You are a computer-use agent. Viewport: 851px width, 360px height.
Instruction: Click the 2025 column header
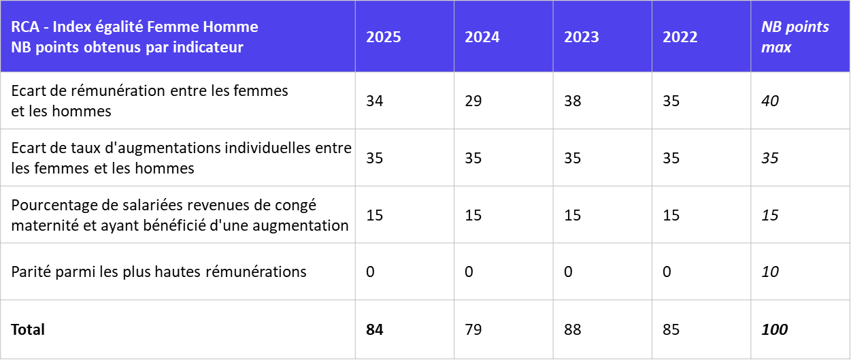(x=384, y=37)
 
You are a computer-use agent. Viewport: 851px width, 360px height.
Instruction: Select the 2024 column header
(x=482, y=37)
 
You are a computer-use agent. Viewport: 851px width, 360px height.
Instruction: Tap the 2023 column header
(x=582, y=37)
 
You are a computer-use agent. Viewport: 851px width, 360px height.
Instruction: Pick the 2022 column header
(x=680, y=37)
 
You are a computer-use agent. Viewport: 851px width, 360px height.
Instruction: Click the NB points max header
(x=795, y=37)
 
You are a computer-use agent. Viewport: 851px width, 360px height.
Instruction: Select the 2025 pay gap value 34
(x=375, y=101)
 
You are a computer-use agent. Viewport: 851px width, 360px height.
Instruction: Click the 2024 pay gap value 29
(x=473, y=101)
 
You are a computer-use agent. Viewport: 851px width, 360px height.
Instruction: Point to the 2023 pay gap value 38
(x=573, y=101)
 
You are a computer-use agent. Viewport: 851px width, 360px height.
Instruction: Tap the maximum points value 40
(x=770, y=101)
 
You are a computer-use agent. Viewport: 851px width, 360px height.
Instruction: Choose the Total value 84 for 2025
(x=375, y=330)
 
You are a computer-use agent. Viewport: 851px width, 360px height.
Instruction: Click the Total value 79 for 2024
(x=473, y=330)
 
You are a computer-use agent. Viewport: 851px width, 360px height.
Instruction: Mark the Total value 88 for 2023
(x=573, y=330)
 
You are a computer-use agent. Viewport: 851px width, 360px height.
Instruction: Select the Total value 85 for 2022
(x=671, y=330)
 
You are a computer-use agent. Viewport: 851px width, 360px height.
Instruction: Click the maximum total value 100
(x=774, y=330)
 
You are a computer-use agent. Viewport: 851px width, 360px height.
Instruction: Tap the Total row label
(x=28, y=330)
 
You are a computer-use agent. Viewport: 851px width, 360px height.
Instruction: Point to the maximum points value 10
(x=770, y=272)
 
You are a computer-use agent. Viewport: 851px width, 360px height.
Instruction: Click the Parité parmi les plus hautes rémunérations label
(x=159, y=272)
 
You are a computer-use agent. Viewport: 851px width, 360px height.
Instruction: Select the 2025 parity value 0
(x=371, y=272)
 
